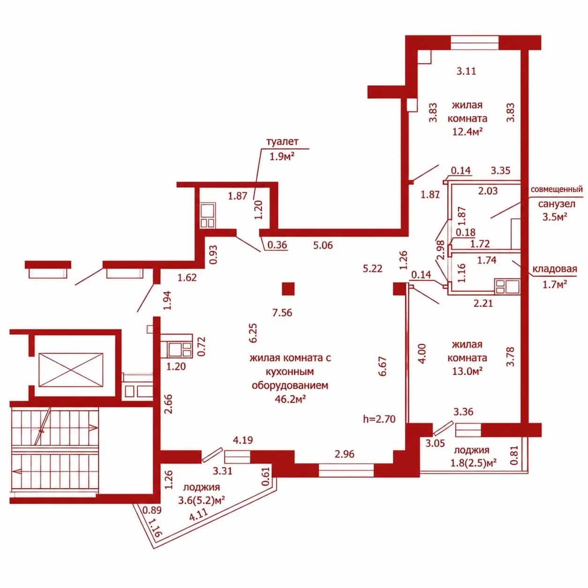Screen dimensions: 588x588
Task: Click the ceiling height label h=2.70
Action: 379,419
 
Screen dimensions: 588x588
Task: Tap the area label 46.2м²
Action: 291,399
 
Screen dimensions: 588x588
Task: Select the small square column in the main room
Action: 288,289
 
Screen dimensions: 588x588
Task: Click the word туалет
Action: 282,142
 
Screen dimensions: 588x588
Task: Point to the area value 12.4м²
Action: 467,131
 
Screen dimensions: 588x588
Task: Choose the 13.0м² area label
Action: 467,371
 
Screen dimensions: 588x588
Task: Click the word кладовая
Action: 555,269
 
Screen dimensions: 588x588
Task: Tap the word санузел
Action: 557,204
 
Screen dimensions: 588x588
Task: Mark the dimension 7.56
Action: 283,312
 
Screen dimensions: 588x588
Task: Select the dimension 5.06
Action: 323,245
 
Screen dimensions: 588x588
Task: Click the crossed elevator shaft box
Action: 71,370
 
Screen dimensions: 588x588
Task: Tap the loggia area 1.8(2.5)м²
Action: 473,463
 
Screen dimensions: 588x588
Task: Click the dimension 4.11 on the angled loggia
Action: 199,517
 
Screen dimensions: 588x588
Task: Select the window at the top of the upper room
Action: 475,43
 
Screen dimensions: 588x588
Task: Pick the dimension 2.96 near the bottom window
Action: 345,454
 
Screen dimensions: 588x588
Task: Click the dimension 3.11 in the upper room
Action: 466,71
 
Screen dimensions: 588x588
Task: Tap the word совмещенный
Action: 557,189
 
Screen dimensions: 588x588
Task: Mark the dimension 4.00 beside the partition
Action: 422,354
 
